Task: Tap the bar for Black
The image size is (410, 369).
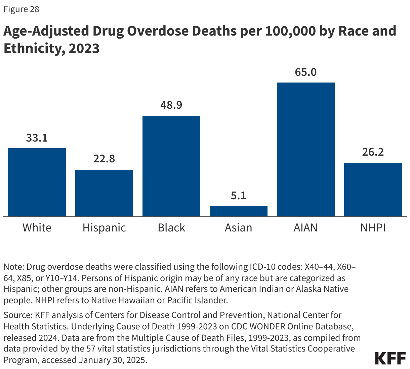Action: coord(171,166)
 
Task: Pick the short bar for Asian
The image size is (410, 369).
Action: coord(239,211)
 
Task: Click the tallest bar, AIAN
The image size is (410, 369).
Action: coord(306,149)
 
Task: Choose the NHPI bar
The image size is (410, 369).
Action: coord(373,190)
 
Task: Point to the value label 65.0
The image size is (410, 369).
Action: coord(306,72)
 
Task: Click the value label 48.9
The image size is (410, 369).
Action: coord(171,105)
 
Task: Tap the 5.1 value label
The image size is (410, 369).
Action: coord(239,196)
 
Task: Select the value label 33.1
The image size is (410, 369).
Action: coord(37,138)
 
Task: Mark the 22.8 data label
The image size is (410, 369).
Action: coord(104,159)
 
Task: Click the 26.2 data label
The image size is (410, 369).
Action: coord(373,152)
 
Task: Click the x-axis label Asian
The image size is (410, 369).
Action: coord(239,228)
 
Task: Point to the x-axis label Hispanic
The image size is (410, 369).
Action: coord(104,228)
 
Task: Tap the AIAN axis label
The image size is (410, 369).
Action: coord(306,228)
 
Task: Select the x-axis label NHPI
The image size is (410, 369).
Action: coord(373,228)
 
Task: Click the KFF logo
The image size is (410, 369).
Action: coord(390,358)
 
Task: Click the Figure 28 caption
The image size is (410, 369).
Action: coord(22,9)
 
